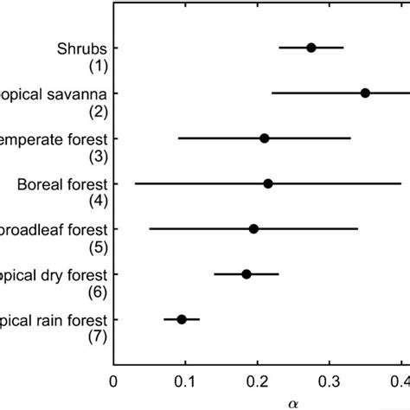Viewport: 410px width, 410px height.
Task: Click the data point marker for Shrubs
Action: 311,48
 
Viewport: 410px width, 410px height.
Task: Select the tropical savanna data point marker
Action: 365,93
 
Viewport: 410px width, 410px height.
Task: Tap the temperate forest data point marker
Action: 265,138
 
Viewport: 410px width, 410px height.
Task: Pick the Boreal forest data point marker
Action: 268,183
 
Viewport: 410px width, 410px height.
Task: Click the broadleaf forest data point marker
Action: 253,229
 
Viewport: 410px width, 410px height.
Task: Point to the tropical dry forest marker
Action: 247,274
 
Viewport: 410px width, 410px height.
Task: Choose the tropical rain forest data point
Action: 182,319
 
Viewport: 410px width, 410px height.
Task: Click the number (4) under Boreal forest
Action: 97,201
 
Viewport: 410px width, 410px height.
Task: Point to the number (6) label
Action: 97,291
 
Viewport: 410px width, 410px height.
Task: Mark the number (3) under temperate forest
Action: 97,156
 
